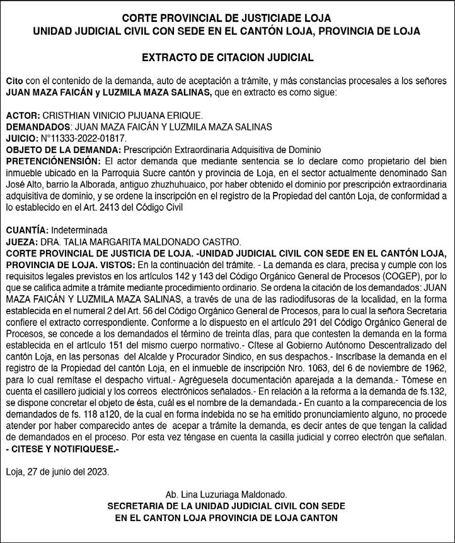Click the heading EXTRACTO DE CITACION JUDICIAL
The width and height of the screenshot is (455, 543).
(227, 58)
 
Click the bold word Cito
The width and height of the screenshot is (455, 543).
(13, 82)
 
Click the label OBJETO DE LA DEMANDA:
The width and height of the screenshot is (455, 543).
(63, 149)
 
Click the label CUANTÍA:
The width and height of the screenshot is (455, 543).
(26, 230)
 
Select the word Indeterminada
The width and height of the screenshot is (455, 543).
(79, 230)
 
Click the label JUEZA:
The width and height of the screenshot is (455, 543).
(22, 241)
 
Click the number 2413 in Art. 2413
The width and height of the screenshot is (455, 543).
(134, 206)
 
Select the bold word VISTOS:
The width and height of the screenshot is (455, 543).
(114, 264)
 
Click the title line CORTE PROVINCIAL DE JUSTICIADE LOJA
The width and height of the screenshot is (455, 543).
(227, 18)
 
